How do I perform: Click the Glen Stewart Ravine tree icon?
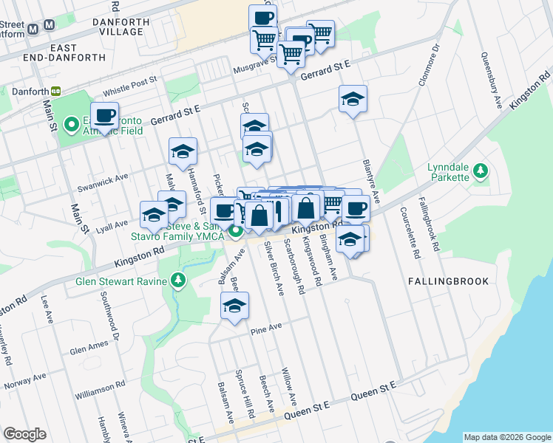click(177, 281)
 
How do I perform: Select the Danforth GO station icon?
click(56, 92)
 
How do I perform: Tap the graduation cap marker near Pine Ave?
click(235, 306)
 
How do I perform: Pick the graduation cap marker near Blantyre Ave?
click(353, 99)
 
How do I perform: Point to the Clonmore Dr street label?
click(428, 66)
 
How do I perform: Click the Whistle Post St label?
click(130, 86)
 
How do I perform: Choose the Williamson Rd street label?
click(98, 386)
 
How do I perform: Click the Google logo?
click(25, 433)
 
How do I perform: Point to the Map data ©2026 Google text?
click(506, 437)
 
